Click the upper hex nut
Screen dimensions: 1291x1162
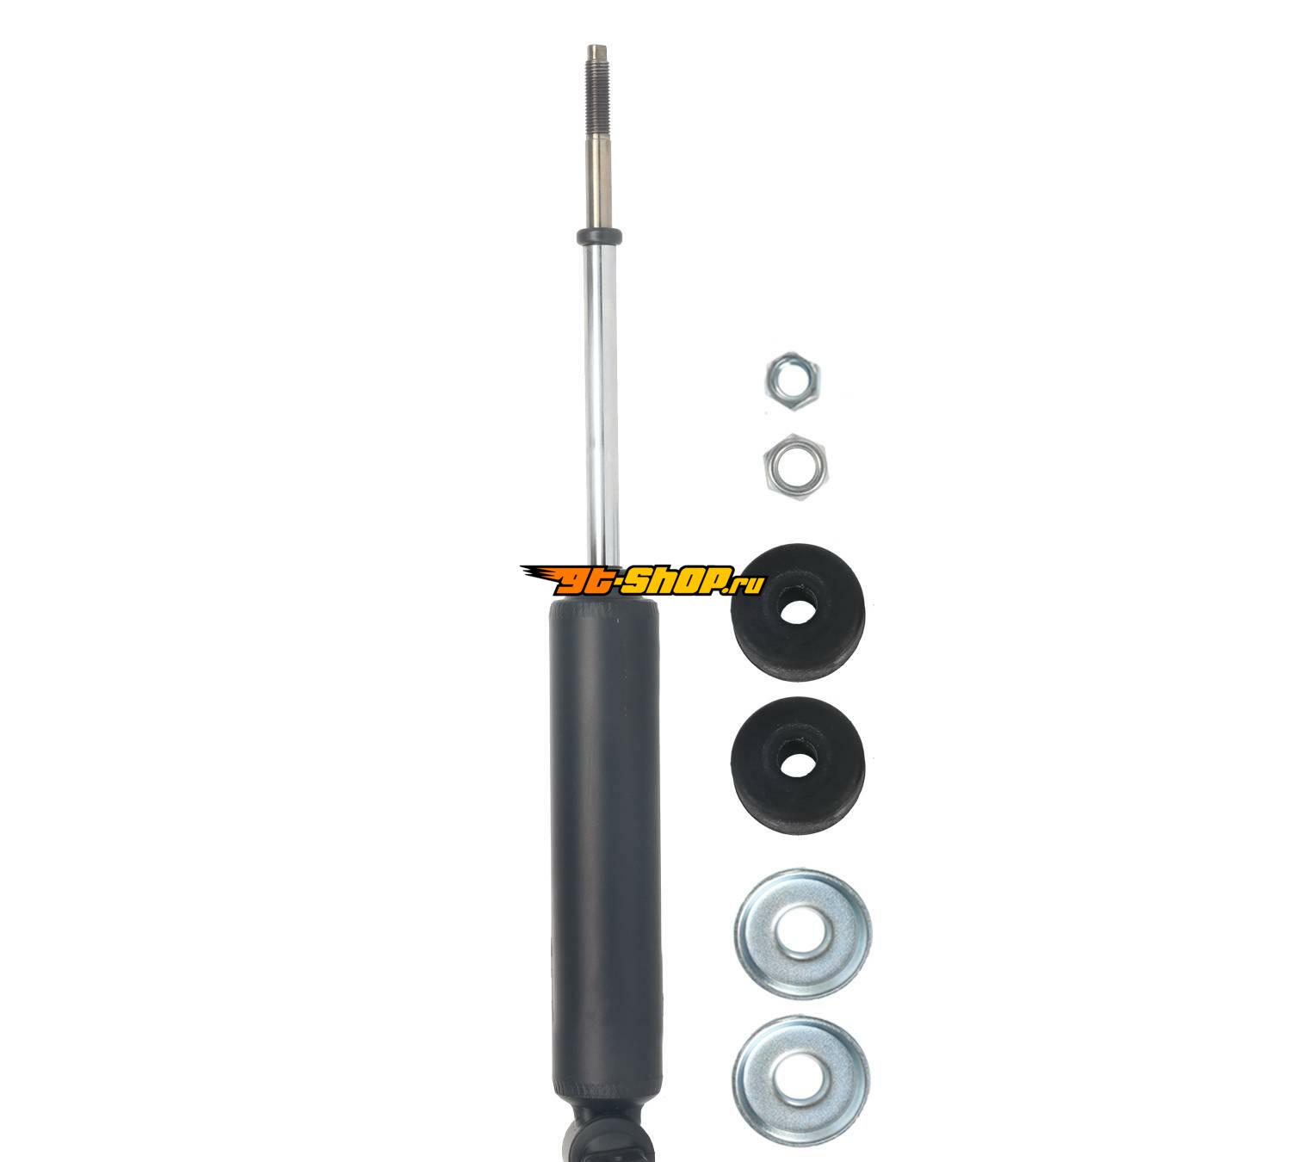tap(792, 381)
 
